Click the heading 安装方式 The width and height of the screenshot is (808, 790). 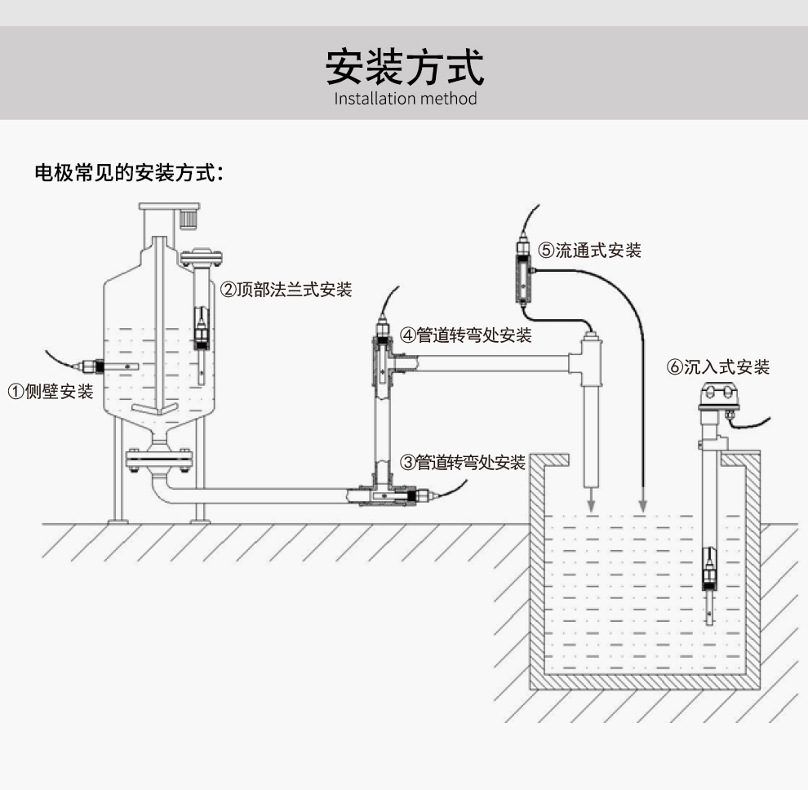(x=405, y=66)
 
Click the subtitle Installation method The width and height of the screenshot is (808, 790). (x=405, y=100)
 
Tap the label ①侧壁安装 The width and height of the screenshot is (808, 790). (x=51, y=391)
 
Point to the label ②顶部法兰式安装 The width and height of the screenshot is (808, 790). (x=286, y=290)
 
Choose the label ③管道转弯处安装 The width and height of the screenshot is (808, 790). (x=462, y=463)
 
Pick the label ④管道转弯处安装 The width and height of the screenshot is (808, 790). (x=465, y=335)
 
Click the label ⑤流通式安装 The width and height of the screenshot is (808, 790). (x=589, y=251)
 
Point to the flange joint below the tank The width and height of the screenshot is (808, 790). (x=159, y=459)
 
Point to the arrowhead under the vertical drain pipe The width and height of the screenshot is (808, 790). (x=589, y=507)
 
